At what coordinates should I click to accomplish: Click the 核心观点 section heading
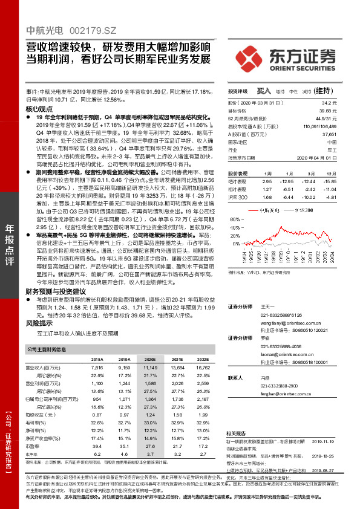tap(39, 108)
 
